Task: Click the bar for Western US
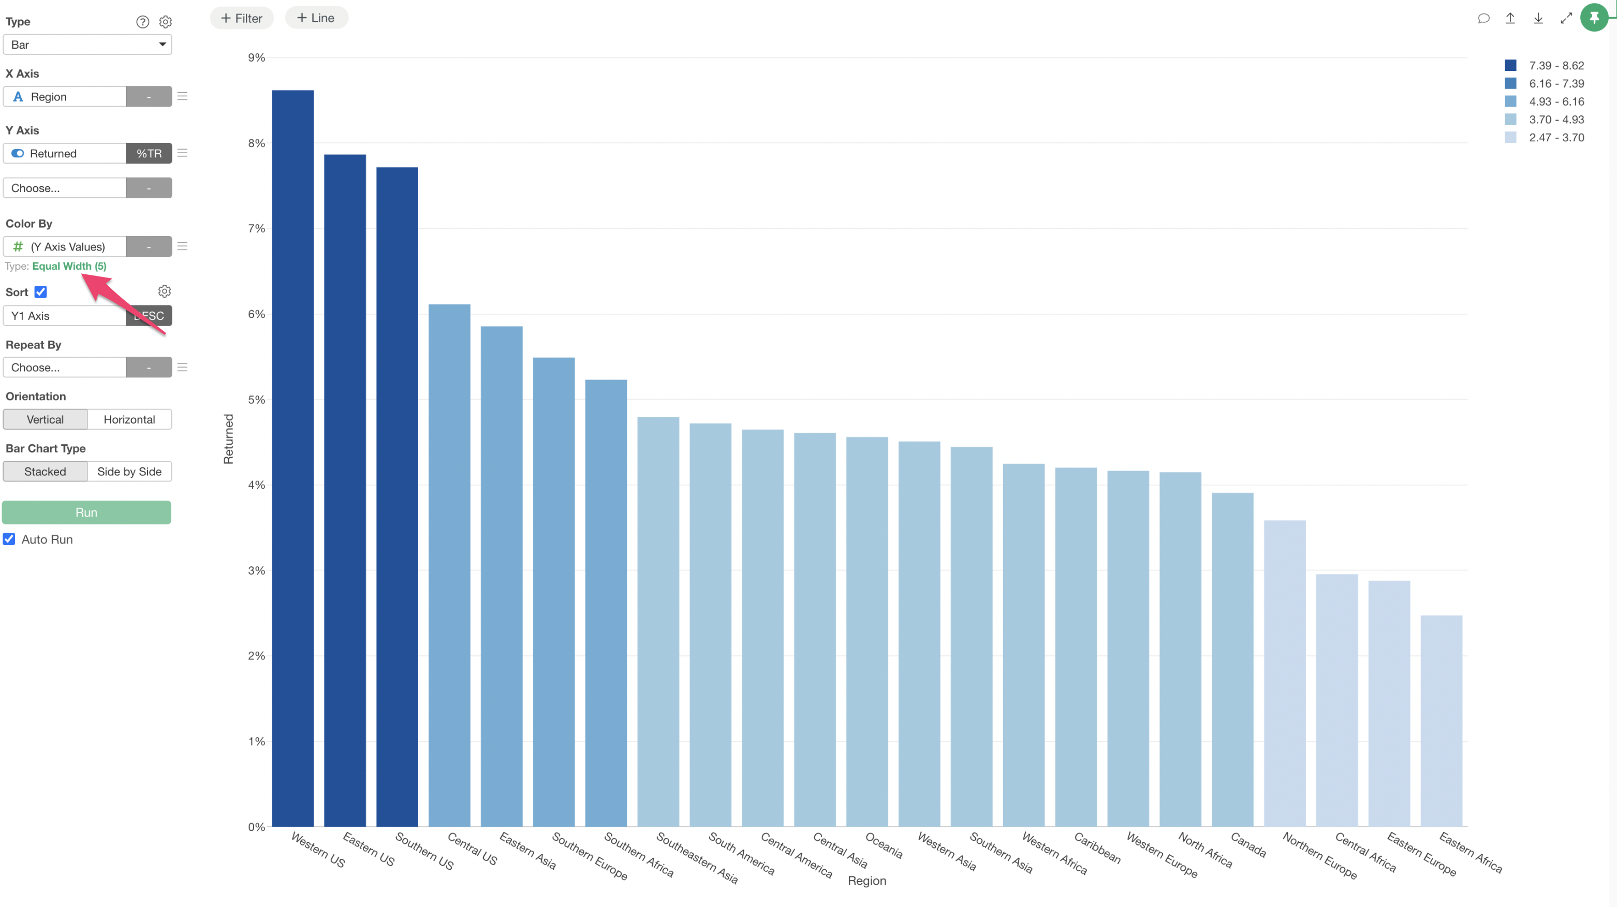pos(292,458)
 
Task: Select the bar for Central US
pos(449,565)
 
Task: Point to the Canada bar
pos(1232,659)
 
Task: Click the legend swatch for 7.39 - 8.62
pos(1510,65)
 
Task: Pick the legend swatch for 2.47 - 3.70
pos(1510,138)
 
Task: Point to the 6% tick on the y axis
pos(256,314)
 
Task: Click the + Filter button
pos(242,18)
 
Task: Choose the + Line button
pos(316,18)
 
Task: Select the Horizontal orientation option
pos(129,419)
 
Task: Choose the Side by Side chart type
pos(129,472)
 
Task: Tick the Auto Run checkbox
pos(9,539)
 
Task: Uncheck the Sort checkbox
pos(41,292)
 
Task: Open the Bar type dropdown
pos(87,45)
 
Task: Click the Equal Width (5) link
pos(69,266)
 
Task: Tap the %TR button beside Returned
pos(149,153)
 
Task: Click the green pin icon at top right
pos(1594,18)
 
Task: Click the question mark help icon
pos(142,22)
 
